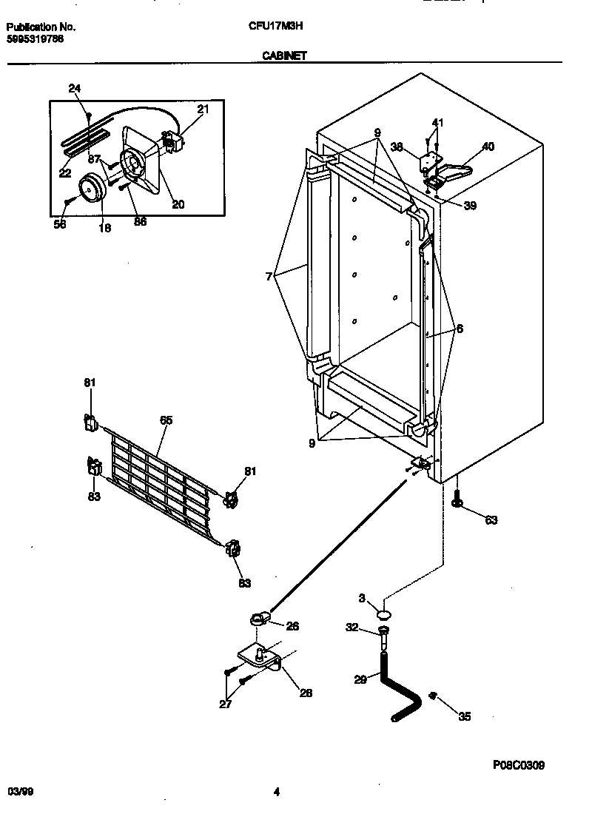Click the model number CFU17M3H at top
pos(275,27)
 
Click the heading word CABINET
pos(284,55)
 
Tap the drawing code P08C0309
pos(518,766)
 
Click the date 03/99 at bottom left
pos(20,792)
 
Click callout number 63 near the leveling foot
pos(491,520)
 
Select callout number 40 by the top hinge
pos(488,147)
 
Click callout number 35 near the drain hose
pos(464,716)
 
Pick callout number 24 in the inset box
pos(74,89)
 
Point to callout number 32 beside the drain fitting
pos(352,628)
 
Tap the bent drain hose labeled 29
pos(400,688)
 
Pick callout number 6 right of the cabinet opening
pos(460,329)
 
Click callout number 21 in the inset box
pos(203,110)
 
